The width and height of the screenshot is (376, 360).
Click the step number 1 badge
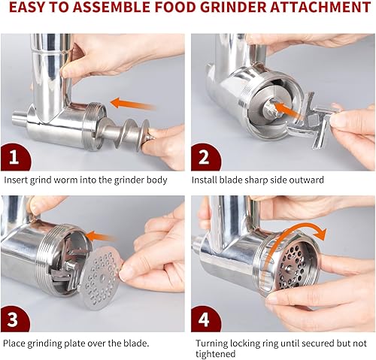pos(16,157)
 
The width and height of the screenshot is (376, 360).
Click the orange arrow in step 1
pos(133,104)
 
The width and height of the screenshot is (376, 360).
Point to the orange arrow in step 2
pos(288,110)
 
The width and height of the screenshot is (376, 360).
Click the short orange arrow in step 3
pos(101,237)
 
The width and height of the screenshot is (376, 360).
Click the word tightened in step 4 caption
pos(216,354)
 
